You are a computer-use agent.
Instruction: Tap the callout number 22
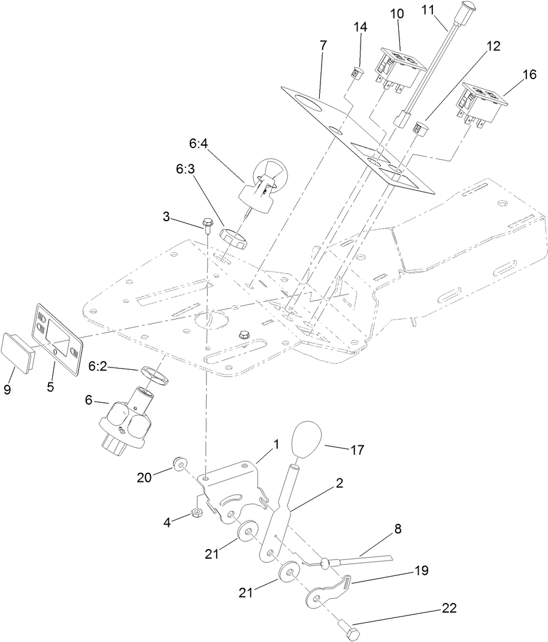[x=449, y=608]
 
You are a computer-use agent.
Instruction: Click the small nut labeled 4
[x=196, y=513]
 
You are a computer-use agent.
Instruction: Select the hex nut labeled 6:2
[x=157, y=379]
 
